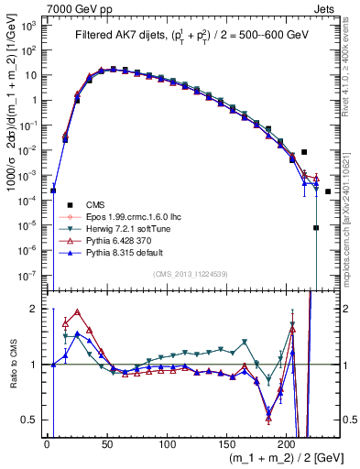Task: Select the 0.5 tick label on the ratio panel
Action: point(30,420)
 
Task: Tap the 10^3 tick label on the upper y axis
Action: point(29,25)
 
